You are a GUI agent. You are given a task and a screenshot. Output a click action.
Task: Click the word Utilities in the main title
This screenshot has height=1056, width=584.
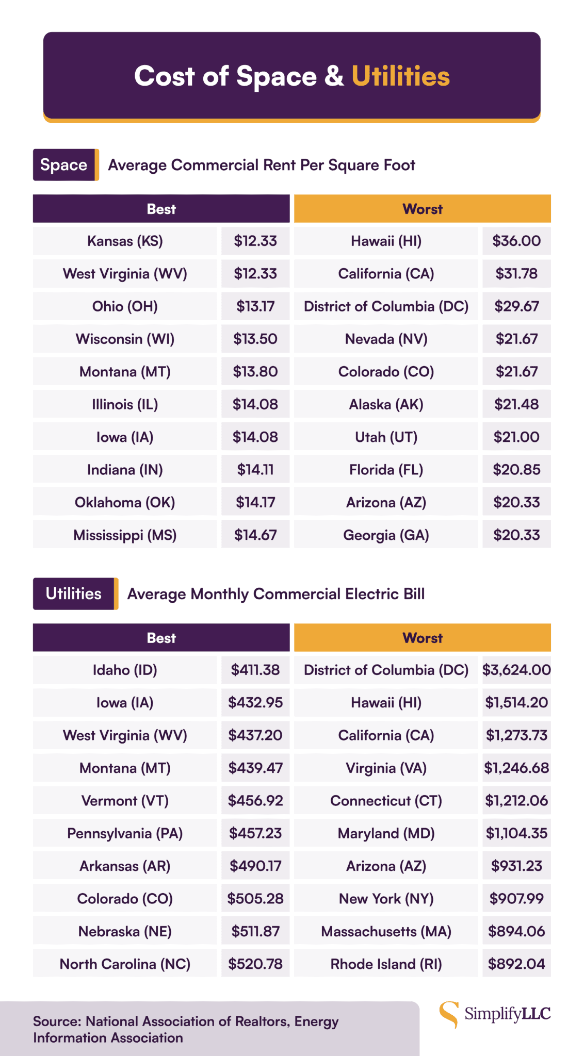pos(400,76)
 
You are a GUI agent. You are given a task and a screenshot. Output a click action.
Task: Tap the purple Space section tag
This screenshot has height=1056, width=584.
pos(64,165)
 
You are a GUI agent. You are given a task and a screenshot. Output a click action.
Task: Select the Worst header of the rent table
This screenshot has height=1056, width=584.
pos(422,209)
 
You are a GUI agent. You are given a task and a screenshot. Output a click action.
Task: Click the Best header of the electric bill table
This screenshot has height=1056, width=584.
pos(161,638)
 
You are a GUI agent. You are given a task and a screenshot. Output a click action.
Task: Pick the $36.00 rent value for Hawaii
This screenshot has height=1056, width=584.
pos(516,241)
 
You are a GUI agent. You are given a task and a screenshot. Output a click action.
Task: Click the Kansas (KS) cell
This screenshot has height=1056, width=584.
pos(125,241)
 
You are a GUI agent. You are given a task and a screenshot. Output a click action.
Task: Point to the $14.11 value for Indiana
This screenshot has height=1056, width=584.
pos(255,470)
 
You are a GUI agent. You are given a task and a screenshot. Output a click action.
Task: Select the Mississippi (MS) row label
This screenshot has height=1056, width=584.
pos(125,535)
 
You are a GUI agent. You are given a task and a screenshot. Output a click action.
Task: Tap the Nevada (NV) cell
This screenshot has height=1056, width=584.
pos(386,339)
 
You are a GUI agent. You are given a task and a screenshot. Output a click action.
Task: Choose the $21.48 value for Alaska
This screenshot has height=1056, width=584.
pos(516,404)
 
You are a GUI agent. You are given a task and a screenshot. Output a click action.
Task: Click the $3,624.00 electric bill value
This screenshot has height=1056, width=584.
pos(516,670)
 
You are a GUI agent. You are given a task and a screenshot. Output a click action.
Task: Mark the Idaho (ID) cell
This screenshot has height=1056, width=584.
pos(125,670)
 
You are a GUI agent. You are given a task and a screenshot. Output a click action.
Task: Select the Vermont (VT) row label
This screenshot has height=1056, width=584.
pos(125,801)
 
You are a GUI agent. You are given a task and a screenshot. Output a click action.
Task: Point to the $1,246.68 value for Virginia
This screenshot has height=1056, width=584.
pos(516,768)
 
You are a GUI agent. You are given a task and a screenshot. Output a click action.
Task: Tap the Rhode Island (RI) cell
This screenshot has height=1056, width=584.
pos(386,964)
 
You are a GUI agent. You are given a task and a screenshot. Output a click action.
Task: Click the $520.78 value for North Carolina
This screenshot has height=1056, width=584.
pos(255,964)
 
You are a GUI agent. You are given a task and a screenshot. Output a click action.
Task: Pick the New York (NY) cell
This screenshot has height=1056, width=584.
pos(386,899)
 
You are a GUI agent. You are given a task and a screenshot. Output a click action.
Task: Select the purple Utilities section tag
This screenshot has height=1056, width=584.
pos(73,593)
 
